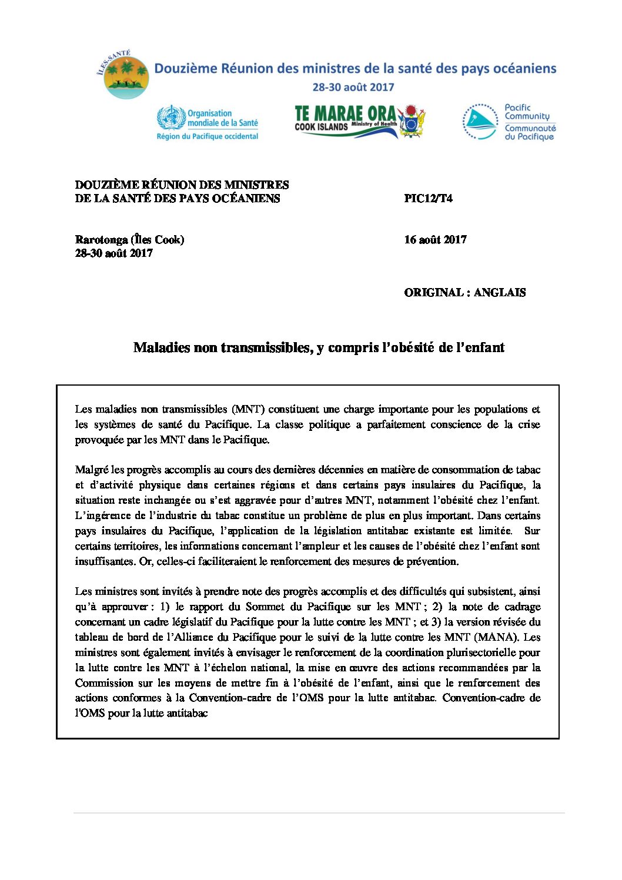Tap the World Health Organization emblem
click(x=170, y=118)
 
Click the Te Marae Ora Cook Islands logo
click(x=359, y=121)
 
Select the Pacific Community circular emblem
click(x=480, y=122)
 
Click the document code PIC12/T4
click(x=428, y=198)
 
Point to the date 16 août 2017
click(x=435, y=239)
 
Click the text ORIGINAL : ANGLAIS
click(x=464, y=292)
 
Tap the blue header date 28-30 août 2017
click(x=353, y=87)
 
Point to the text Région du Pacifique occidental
click(x=207, y=136)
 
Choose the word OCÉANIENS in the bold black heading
click(x=247, y=198)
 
